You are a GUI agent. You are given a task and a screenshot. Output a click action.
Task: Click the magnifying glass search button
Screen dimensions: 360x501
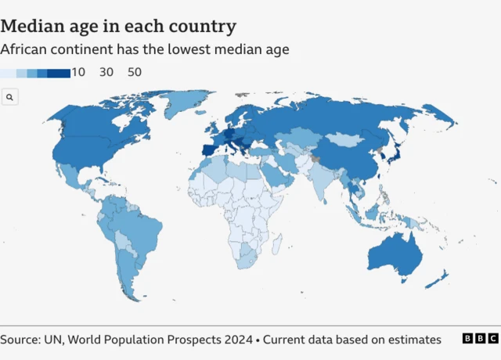click(x=10, y=97)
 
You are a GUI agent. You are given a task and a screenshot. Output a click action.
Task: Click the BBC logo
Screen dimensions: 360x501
click(x=479, y=339)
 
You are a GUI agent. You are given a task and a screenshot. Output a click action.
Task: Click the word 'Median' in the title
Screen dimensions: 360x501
click(x=34, y=26)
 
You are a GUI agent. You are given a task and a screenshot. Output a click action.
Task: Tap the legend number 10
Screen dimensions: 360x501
click(x=78, y=72)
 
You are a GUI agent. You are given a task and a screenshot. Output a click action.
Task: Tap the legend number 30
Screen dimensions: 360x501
click(x=106, y=72)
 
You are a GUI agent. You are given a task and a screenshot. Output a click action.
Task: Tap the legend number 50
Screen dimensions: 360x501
click(x=134, y=72)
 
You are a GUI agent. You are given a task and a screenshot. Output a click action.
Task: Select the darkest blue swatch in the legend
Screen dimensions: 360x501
click(x=59, y=73)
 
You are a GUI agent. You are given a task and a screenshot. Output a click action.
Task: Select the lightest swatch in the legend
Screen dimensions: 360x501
click(x=8, y=73)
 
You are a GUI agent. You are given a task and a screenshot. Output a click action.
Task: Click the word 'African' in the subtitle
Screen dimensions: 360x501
click(x=24, y=49)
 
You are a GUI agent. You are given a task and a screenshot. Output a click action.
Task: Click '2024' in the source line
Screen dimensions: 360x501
click(x=237, y=340)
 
